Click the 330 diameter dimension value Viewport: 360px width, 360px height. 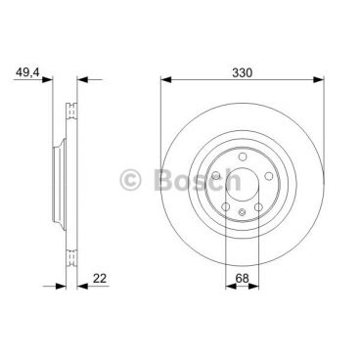click(x=242, y=72)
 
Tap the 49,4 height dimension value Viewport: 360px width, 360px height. click(x=27, y=72)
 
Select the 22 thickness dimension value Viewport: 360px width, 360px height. click(x=100, y=279)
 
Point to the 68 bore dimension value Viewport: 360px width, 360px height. click(x=242, y=278)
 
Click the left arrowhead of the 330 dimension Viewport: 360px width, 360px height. click(x=166, y=79)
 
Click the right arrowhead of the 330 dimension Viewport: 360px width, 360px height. click(x=319, y=79)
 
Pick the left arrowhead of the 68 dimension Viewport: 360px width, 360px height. click(x=231, y=287)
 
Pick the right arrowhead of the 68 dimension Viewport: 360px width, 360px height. click(x=253, y=287)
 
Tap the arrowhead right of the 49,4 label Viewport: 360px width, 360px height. click(x=47, y=79)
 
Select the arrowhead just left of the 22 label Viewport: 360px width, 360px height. click(x=83, y=287)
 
